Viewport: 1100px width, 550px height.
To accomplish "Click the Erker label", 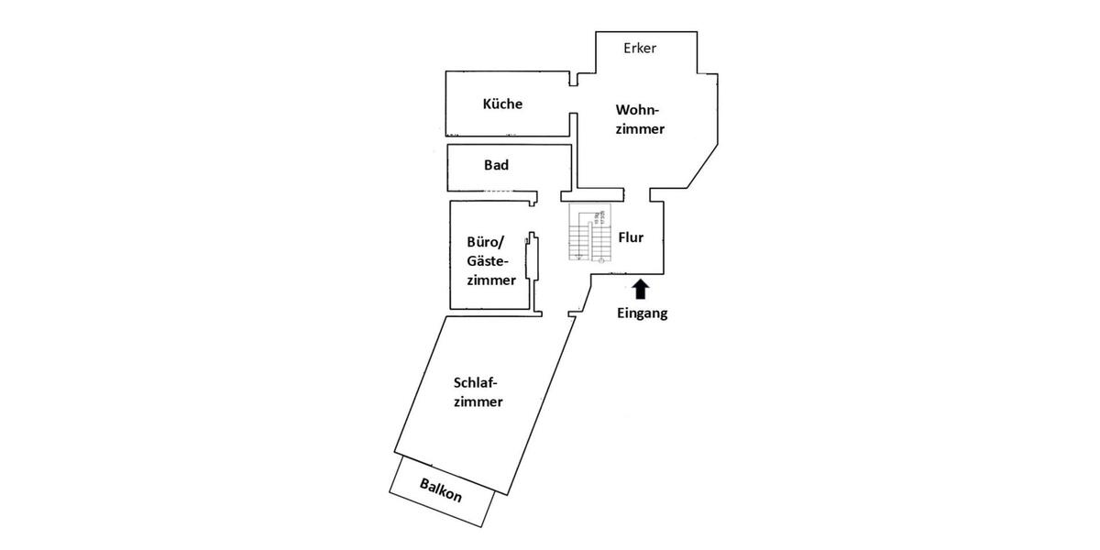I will [640, 48].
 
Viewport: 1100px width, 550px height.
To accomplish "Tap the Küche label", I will [502, 104].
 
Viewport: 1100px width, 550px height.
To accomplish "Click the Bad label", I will [496, 166].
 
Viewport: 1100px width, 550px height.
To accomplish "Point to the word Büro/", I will [487, 243].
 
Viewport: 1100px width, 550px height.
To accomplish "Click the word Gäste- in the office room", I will [489, 261].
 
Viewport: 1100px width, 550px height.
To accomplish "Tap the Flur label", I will [631, 236].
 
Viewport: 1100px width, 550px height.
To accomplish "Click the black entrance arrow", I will [641, 290].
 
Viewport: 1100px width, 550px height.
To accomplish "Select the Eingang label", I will [641, 313].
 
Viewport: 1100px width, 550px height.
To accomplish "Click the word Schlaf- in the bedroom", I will [481, 383].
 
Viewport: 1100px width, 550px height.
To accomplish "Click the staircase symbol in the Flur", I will [588, 235].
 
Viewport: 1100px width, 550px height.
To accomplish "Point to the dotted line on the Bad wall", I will [499, 191].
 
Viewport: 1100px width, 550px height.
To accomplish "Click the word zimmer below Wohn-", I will [640, 129].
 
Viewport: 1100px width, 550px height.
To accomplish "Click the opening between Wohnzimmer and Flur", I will [638, 193].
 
